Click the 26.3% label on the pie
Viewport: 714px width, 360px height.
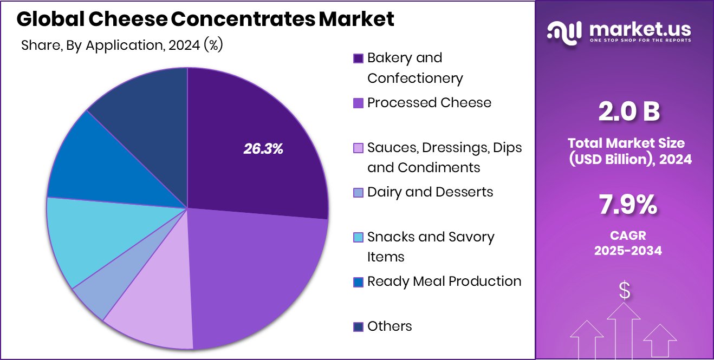[x=263, y=149]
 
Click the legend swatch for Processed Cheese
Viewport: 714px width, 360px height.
[x=358, y=103]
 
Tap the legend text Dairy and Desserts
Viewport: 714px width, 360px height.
[x=430, y=192]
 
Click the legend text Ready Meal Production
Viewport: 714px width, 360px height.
[x=444, y=282]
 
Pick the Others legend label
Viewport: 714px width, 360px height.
[x=390, y=326]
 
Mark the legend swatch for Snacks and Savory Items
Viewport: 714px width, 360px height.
[x=358, y=237]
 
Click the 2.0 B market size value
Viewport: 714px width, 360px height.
[x=629, y=112]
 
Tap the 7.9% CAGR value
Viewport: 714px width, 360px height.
[x=629, y=206]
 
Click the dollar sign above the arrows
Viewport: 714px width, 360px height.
[x=625, y=291]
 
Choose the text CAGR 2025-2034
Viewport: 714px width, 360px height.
[x=628, y=244]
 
